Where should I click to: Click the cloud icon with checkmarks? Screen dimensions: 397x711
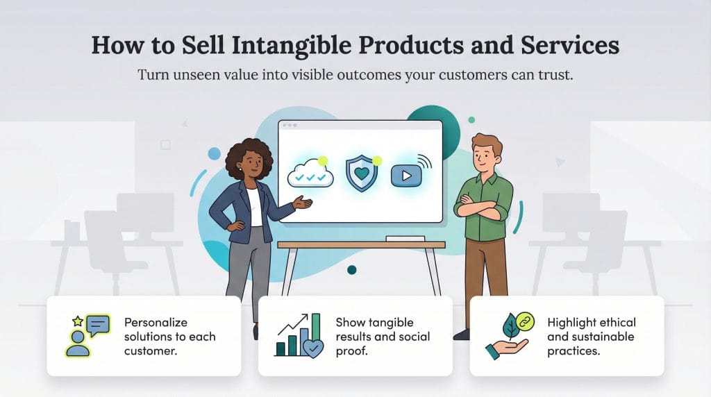310,176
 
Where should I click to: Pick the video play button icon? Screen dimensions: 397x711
407,176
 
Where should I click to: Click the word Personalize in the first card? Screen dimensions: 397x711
156,323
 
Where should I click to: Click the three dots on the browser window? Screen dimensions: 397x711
290,126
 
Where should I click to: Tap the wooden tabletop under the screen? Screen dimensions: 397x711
360,245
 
